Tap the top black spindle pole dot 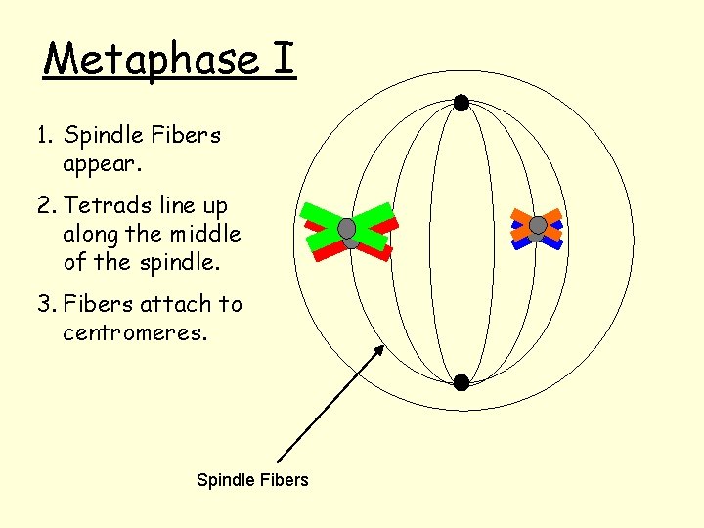pos(461,103)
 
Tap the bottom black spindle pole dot pos(461,381)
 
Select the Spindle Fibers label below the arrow pos(252,479)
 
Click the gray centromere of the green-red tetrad pos(347,229)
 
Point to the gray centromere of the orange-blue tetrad pos(537,226)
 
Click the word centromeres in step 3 pos(135,332)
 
